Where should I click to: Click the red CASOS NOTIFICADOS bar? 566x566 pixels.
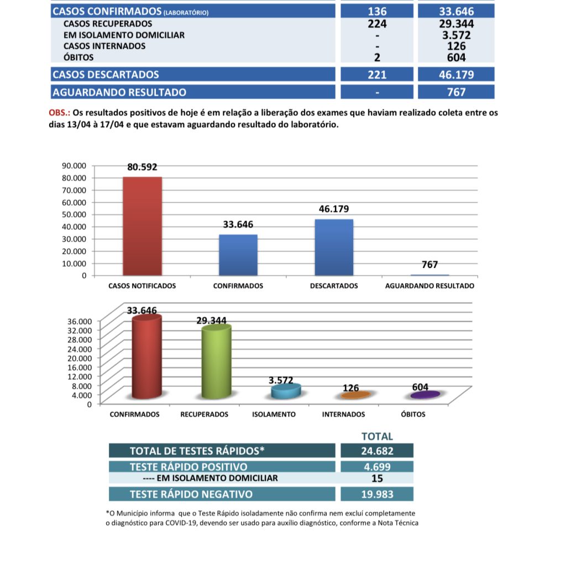142,226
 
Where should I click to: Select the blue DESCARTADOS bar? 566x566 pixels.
334,247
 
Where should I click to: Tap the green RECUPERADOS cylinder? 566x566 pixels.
216,362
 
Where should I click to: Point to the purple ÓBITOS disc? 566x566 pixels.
425,395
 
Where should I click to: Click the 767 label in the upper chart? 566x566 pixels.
429,265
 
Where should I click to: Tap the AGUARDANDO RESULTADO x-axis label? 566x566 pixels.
429,286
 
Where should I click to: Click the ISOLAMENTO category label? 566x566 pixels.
273,414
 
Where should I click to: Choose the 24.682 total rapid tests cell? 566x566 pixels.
377,450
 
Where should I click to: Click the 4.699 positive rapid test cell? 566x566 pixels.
377,467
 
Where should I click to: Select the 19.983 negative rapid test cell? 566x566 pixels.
377,494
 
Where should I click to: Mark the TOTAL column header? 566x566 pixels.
377,436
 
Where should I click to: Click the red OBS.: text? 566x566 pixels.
59,113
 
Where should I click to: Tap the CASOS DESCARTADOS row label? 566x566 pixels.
106,75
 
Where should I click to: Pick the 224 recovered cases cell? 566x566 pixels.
377,24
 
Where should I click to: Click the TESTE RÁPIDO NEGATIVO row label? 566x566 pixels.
191,494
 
